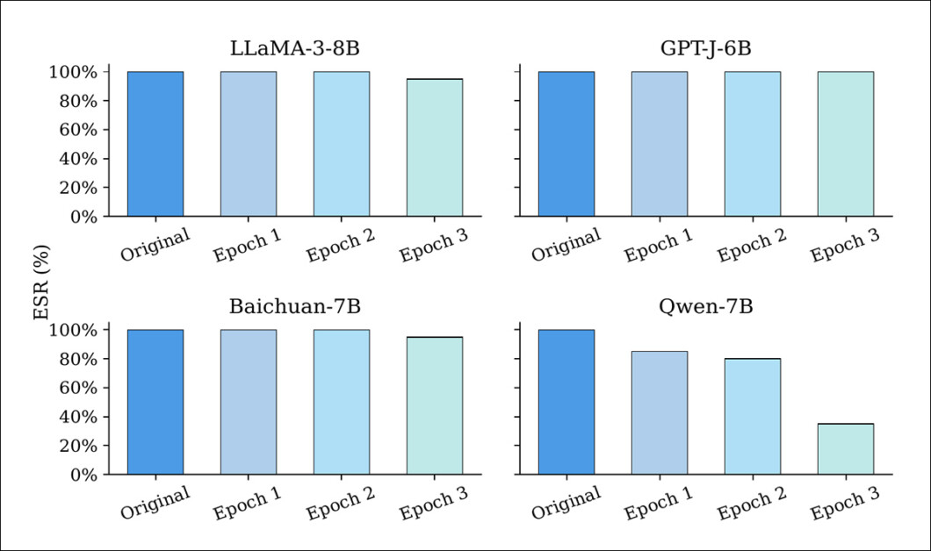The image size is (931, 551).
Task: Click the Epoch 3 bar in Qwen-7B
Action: point(845,449)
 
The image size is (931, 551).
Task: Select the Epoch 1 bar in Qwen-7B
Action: point(659,412)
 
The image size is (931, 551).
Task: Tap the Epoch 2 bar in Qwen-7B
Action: point(752,416)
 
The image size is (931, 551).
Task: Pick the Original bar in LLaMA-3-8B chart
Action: point(155,144)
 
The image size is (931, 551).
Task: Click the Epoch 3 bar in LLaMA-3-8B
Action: point(434,147)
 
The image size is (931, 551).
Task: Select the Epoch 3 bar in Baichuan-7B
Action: point(434,405)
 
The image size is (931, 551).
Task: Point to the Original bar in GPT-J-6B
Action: point(566,144)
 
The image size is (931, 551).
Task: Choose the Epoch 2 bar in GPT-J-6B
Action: point(752,144)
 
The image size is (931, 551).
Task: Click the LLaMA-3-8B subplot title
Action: point(295,49)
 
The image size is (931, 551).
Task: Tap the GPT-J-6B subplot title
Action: point(706,49)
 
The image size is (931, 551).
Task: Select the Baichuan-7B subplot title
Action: point(295,307)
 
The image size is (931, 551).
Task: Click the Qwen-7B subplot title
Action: point(706,307)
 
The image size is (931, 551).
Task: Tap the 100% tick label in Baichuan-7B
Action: point(75,330)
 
